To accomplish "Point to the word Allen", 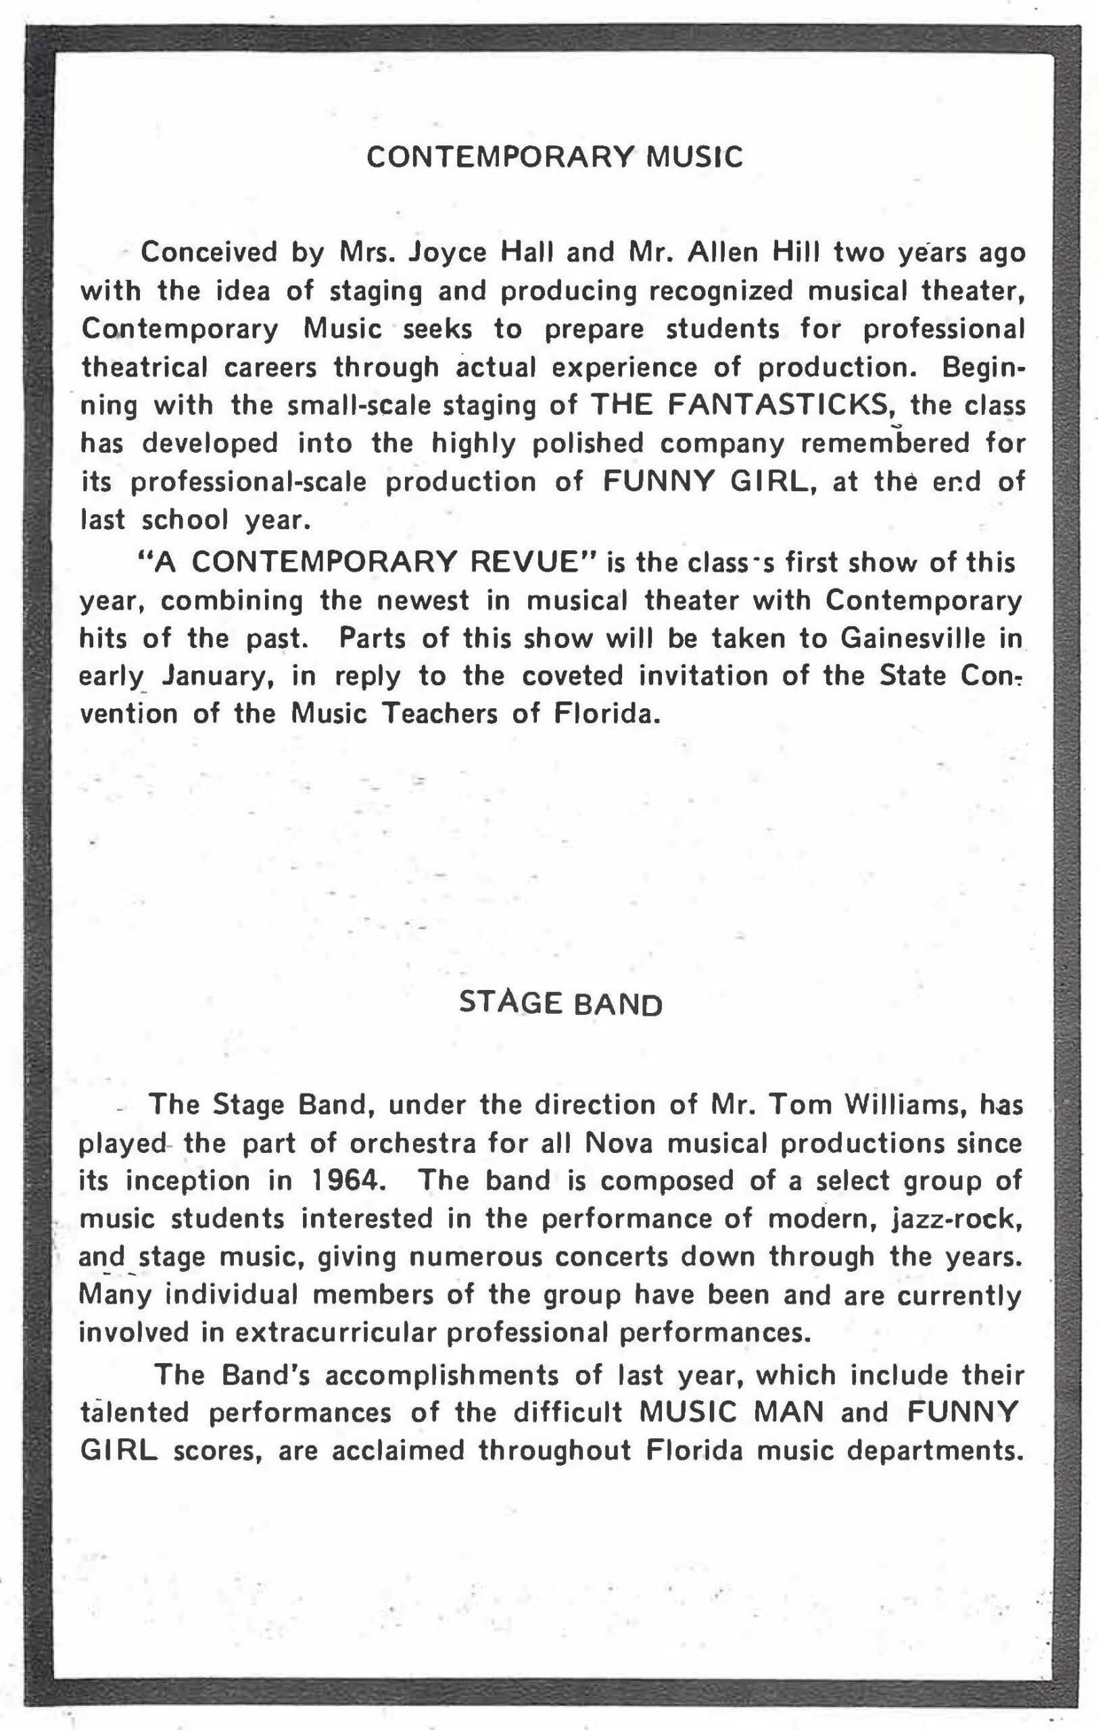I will pyautogui.click(x=722, y=253).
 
